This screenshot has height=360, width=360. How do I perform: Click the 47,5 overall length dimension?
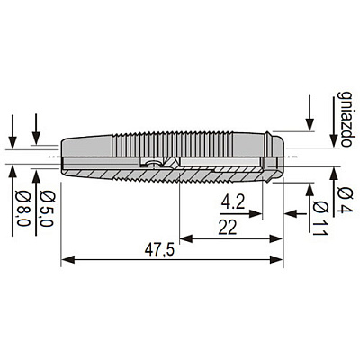tap(159, 250)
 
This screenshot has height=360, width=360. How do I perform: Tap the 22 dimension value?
tap(228, 228)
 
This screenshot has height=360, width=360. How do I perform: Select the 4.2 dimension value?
tap(233, 202)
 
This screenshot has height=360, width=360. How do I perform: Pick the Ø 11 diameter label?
tap(320, 219)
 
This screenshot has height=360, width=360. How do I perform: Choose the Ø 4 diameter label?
tap(345, 200)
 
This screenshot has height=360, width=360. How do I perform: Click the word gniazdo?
tap(345, 119)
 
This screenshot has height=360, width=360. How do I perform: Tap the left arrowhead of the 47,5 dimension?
tap(68, 259)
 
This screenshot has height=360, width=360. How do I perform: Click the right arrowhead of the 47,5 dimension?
tap(276, 259)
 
